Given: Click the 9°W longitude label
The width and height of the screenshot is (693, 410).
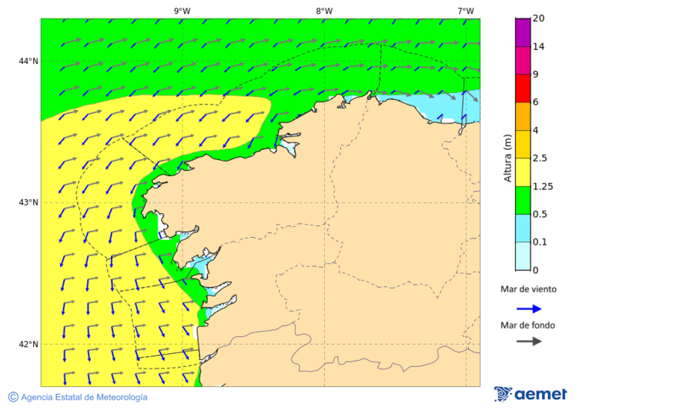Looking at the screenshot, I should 182,11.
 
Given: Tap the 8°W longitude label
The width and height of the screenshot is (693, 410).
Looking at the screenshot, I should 323,11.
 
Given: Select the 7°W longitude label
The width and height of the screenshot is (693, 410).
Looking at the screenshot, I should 465,11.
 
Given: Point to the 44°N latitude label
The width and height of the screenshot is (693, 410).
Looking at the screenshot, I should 28,62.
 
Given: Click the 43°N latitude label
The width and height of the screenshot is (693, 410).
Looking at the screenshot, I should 28,203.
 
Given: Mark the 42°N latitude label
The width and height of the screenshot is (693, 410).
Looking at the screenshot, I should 28,344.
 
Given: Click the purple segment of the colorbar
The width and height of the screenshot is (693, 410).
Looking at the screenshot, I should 523,32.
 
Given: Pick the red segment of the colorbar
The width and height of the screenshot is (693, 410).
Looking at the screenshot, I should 523,88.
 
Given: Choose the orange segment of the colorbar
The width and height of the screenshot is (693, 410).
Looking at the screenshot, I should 523,116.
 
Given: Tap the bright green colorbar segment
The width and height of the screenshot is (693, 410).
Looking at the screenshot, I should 523,200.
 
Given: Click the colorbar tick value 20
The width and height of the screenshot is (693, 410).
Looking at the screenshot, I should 539,18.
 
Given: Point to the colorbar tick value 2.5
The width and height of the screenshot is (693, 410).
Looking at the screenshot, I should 541,158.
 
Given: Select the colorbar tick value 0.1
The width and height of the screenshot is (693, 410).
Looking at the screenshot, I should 541,242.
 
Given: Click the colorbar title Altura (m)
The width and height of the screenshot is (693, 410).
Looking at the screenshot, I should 507,158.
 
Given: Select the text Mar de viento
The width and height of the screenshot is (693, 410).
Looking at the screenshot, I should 528,290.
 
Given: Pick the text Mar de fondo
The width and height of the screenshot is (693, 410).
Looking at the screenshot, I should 527,325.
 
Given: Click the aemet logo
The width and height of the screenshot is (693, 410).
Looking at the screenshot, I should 531,394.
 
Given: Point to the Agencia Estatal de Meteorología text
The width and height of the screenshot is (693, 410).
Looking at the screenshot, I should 83,397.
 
